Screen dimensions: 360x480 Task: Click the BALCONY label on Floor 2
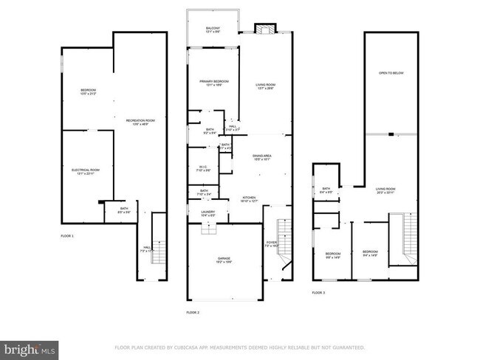pos(212,29)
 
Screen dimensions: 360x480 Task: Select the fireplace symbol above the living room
pos(264,29)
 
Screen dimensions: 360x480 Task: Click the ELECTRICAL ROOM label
pos(86,171)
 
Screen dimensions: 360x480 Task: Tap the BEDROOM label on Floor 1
pos(89,91)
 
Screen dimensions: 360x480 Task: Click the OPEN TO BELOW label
pos(391,74)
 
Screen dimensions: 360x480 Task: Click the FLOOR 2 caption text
pos(193,313)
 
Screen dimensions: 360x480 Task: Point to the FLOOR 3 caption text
pos(318,293)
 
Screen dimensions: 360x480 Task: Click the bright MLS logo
pos(30,347)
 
